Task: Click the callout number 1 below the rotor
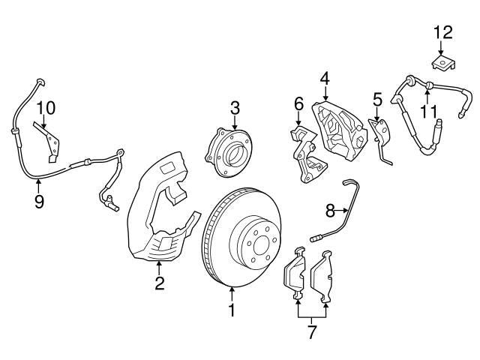pyautogui.click(x=232, y=307)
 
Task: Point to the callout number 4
pyautogui.click(x=325, y=78)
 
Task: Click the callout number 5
pyautogui.click(x=377, y=98)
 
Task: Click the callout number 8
pyautogui.click(x=329, y=211)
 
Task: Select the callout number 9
pyautogui.click(x=39, y=201)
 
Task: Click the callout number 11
pyautogui.click(x=427, y=111)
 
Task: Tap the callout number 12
pyautogui.click(x=443, y=32)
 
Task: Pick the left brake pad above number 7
pyautogui.click(x=294, y=274)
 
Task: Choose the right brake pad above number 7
pyautogui.click(x=324, y=275)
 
